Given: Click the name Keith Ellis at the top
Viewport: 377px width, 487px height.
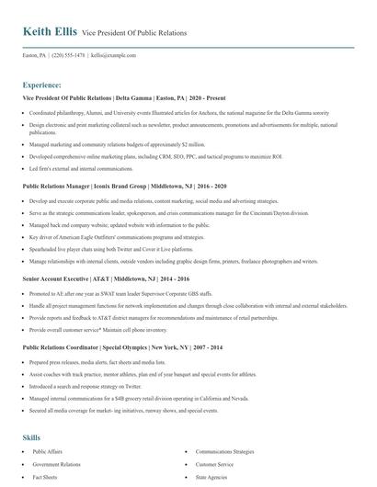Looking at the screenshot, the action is click(x=50, y=32).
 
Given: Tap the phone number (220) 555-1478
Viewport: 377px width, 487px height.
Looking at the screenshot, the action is click(x=70, y=55).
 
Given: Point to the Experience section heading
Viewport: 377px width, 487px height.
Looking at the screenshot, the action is click(x=42, y=85).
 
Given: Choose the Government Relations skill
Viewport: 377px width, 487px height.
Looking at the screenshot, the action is click(x=57, y=466).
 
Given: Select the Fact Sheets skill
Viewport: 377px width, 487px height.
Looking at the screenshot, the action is click(x=45, y=478).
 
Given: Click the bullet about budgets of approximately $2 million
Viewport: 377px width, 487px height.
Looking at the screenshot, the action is click(x=117, y=144).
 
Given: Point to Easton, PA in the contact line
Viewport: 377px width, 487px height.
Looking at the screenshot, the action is click(x=34, y=55).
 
